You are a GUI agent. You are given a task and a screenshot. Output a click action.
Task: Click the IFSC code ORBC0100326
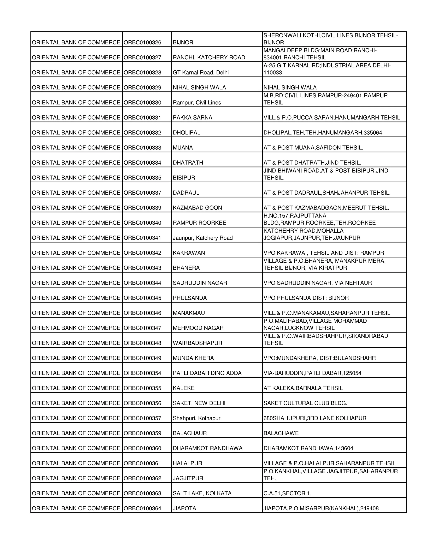(142, 42)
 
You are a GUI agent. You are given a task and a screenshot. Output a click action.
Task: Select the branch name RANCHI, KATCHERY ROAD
(209, 57)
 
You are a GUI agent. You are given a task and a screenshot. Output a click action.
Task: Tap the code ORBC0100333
(142, 147)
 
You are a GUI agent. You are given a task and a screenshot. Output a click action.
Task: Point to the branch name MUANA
(183, 147)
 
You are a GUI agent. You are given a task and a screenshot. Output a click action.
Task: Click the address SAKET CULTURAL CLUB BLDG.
(305, 403)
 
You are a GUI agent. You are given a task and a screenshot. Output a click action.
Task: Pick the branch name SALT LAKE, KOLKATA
(202, 493)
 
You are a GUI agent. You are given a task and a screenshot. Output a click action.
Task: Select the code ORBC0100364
(142, 508)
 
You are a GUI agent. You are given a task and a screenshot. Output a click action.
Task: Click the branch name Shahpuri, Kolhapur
(196, 418)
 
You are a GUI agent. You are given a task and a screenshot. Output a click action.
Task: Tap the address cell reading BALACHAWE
(281, 433)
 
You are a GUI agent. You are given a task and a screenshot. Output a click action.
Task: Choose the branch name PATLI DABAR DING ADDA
(207, 373)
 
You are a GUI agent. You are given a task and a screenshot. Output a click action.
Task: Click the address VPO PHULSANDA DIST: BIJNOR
(306, 298)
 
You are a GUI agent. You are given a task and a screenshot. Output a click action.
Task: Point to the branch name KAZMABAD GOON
(197, 208)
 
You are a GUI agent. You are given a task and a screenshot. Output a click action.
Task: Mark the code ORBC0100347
(142, 328)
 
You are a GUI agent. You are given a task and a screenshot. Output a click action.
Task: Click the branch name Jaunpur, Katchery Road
(202, 238)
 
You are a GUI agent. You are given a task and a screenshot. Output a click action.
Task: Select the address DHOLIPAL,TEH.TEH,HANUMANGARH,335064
(323, 133)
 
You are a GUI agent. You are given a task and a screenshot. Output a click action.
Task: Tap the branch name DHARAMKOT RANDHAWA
(207, 448)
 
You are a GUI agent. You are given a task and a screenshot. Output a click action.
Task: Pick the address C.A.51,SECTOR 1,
(287, 493)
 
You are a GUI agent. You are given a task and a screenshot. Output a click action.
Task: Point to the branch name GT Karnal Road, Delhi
(200, 73)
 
